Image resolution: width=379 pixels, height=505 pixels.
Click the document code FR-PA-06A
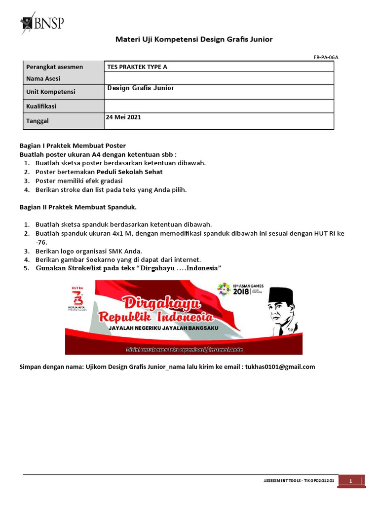(x=326, y=57)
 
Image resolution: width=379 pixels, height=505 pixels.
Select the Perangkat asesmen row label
(x=54, y=67)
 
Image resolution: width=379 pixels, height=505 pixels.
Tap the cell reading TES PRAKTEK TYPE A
(x=141, y=67)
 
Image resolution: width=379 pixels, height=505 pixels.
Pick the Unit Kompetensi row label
(x=51, y=92)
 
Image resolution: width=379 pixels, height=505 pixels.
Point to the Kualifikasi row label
(x=41, y=106)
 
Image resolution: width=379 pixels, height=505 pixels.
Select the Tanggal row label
(x=38, y=121)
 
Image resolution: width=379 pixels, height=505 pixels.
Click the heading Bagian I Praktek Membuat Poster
(x=73, y=145)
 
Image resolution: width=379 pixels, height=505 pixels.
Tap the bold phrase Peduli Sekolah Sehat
(x=129, y=172)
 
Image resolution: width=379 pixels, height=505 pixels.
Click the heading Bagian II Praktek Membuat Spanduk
(x=77, y=207)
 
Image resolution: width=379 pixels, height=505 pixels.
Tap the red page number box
(x=351, y=481)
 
